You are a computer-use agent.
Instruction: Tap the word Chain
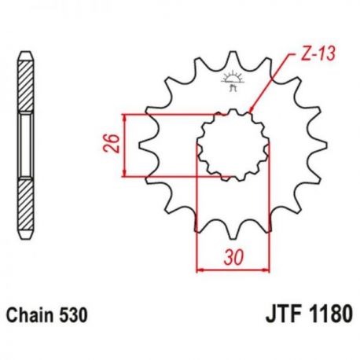tap(30, 315)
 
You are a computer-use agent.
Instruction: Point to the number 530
tap(73, 315)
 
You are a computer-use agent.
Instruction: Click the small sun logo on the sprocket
tap(233, 81)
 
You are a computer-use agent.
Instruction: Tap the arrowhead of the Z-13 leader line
tap(251, 109)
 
